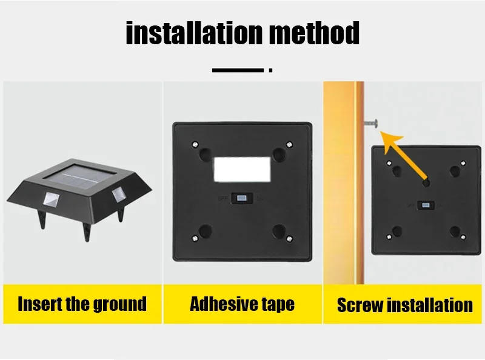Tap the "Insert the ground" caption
82,304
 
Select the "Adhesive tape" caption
242,304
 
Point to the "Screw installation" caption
404,305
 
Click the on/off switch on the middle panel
242,198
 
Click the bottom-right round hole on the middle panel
279,232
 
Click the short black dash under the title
238,70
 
